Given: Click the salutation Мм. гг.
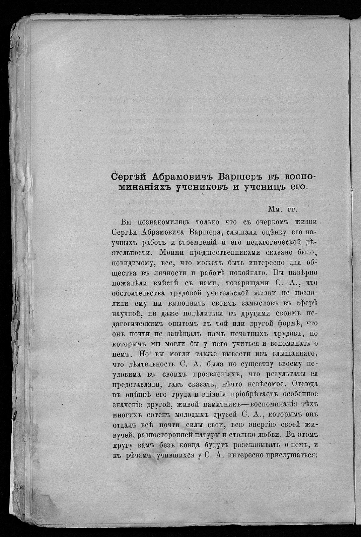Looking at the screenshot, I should point(283,209).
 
